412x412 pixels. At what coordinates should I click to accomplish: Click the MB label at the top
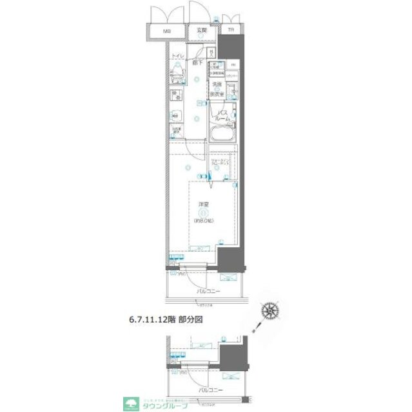point(167,31)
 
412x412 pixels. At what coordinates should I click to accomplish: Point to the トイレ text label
point(179,57)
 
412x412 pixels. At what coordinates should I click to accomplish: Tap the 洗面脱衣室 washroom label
point(217,89)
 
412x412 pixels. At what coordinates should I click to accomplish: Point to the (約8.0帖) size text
point(202,220)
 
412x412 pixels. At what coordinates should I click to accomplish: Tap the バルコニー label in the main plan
point(208,291)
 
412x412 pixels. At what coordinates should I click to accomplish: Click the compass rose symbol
point(271,312)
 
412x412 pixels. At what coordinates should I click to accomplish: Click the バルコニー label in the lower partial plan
point(208,391)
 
